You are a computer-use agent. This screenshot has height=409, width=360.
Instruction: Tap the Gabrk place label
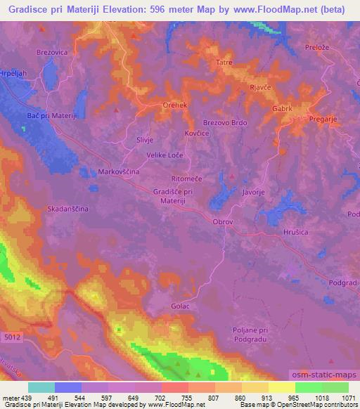[x=283, y=109]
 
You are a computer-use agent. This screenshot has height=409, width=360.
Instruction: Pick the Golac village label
[x=181, y=306]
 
